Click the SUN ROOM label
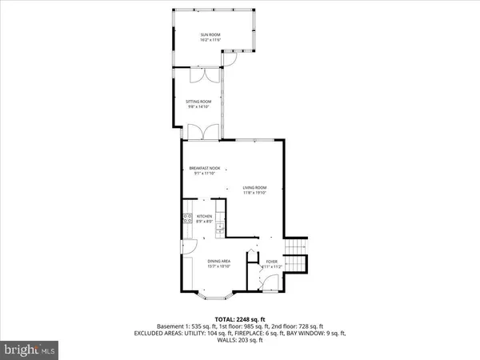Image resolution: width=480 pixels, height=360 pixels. pyautogui.click(x=210, y=34)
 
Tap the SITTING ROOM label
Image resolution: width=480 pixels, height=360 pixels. pyautogui.click(x=198, y=102)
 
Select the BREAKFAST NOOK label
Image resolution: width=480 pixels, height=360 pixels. pyautogui.click(x=205, y=168)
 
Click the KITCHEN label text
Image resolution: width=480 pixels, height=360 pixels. pyautogui.click(x=204, y=216)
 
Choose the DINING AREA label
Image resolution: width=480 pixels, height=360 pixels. pyautogui.click(x=220, y=262)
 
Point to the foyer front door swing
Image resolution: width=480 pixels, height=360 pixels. pyautogui.click(x=270, y=281)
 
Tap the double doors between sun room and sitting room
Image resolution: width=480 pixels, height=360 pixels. pyautogui.click(x=199, y=75)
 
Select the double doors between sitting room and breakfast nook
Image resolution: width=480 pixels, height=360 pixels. pyautogui.click(x=198, y=131)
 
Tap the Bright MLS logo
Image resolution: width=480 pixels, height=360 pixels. pyautogui.click(x=30, y=349)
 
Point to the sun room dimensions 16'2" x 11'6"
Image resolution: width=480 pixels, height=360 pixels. pyautogui.click(x=210, y=39)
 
